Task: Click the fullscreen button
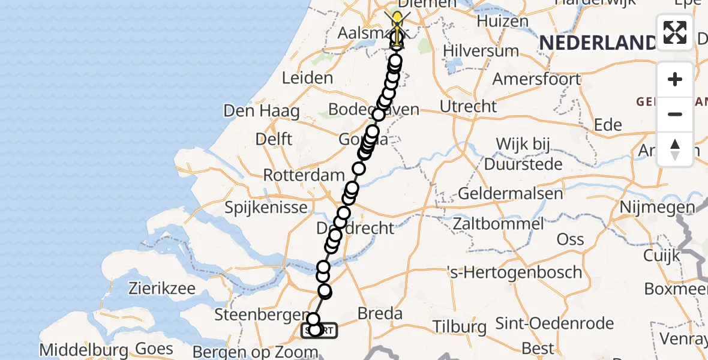click(675, 32)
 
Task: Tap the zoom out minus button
click(675, 114)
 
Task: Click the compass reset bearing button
click(675, 149)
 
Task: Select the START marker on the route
click(319, 330)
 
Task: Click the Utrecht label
click(469, 107)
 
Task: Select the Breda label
click(379, 313)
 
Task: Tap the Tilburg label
click(461, 327)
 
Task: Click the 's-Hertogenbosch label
click(515, 272)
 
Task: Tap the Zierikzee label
click(161, 289)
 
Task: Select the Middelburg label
click(83, 349)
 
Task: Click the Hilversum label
click(481, 50)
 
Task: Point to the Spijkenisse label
click(266, 208)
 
